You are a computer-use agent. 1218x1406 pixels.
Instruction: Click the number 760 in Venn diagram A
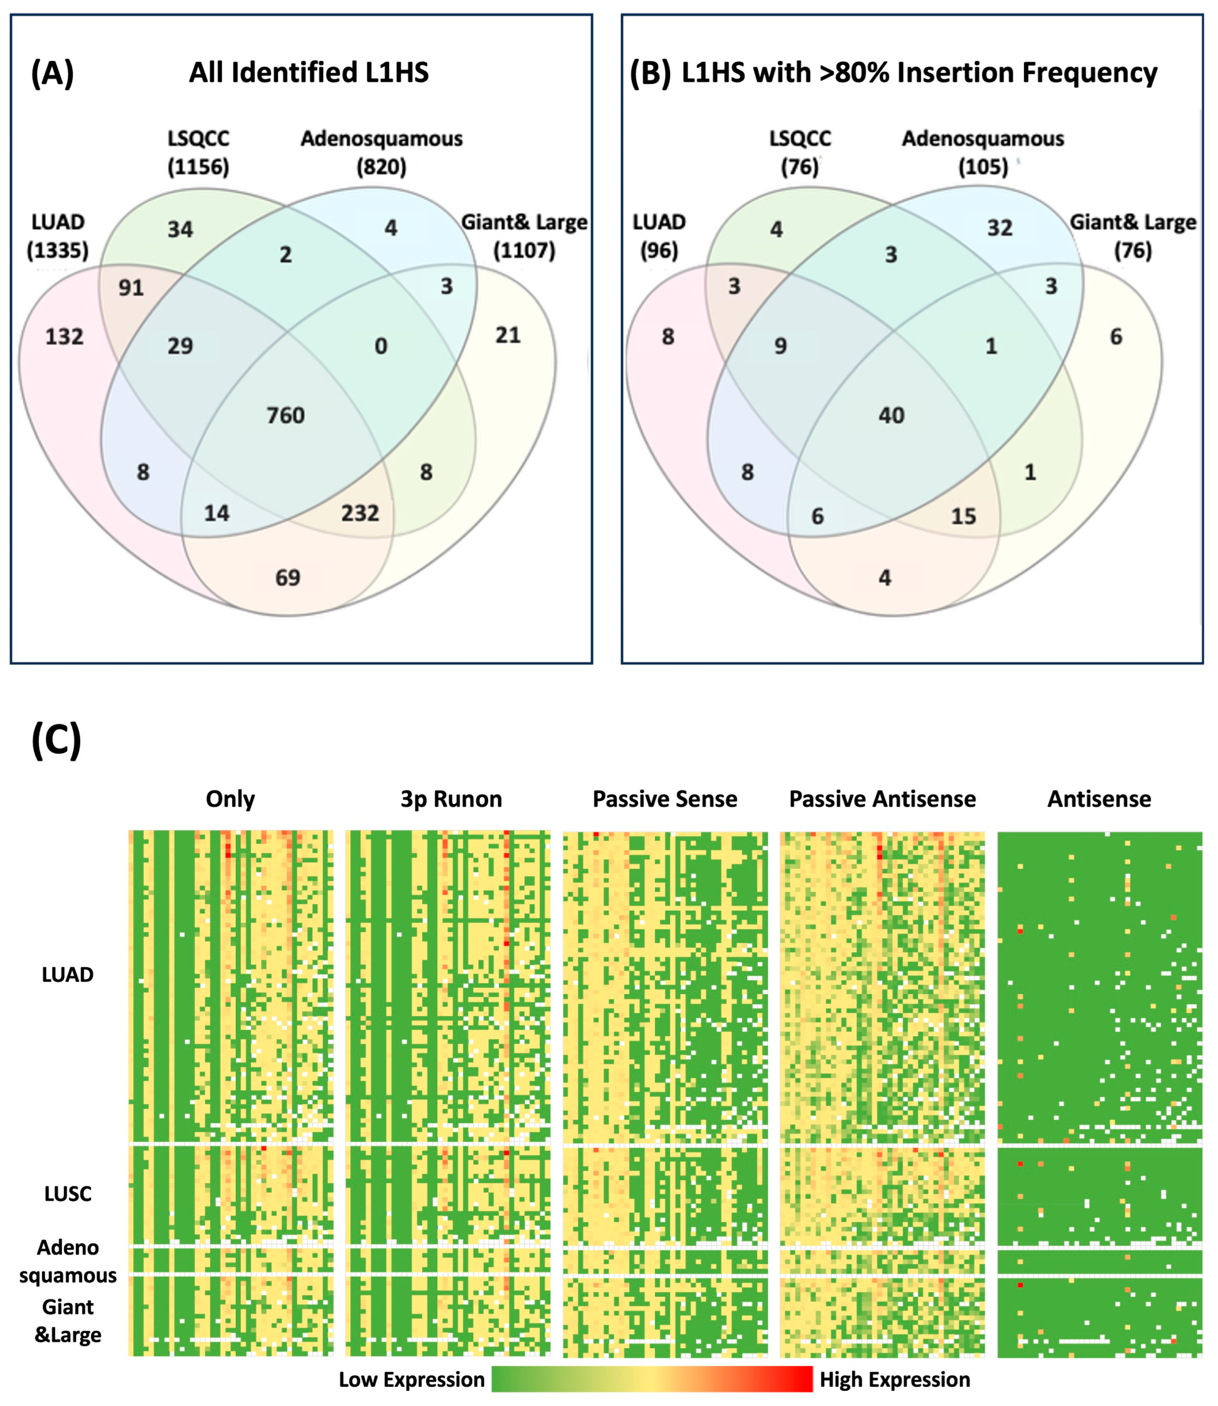pos(286,415)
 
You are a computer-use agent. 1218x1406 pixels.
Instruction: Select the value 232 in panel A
pos(360,513)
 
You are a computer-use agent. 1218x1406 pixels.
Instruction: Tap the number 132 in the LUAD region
pos(65,336)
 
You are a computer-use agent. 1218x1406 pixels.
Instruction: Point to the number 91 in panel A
pos(131,288)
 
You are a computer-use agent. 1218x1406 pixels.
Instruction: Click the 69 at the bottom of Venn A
pos(288,578)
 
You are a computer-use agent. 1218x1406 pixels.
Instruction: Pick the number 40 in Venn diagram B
pos(891,415)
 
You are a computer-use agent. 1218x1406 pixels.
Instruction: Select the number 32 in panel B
pos(1000,228)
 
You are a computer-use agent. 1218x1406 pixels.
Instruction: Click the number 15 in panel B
pos(963,516)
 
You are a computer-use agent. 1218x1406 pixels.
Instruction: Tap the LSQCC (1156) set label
pos(198,152)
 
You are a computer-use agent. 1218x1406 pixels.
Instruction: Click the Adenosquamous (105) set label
pos(983,152)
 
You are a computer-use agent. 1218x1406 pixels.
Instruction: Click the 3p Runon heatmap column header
pos(451,799)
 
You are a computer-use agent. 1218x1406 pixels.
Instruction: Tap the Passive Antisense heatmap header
pos(882,799)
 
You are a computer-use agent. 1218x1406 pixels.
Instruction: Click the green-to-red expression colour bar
pos(652,1379)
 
